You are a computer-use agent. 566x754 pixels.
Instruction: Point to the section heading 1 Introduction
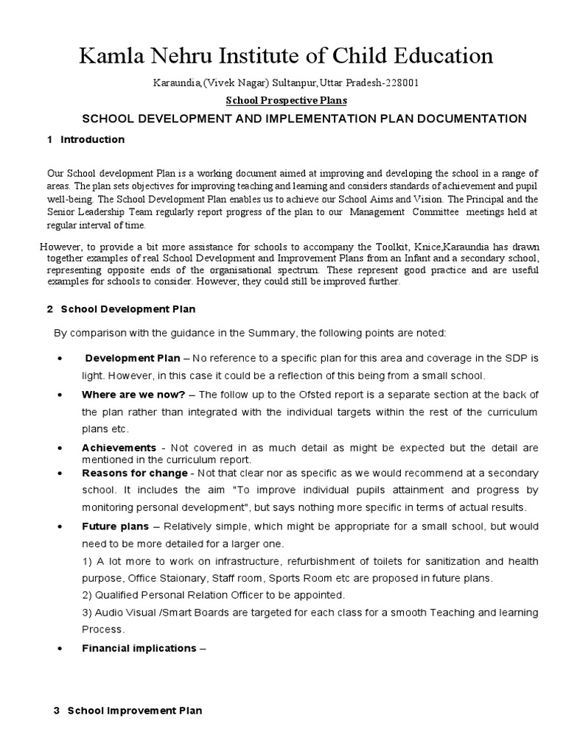click(85, 139)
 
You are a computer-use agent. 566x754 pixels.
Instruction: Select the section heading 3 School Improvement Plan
click(127, 711)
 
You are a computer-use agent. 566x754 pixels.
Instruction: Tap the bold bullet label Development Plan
click(133, 359)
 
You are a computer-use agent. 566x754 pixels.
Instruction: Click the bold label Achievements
click(119, 448)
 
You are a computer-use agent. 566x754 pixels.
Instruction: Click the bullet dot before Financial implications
click(58, 649)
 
